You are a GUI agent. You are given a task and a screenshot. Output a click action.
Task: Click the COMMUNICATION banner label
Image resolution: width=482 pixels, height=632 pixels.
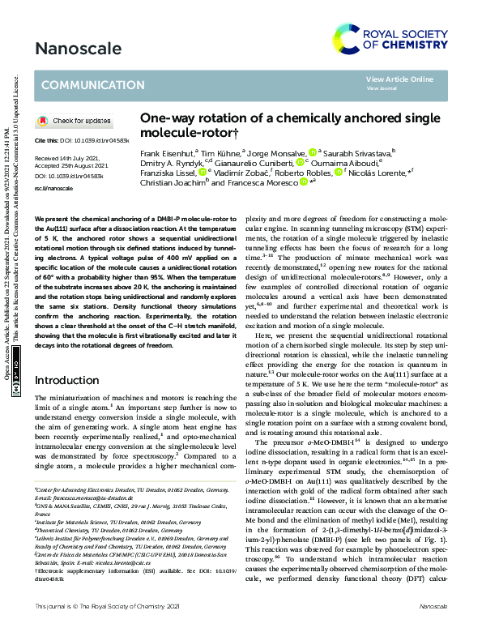(92, 85)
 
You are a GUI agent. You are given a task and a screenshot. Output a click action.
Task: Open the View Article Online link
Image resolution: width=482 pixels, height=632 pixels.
(399, 79)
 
